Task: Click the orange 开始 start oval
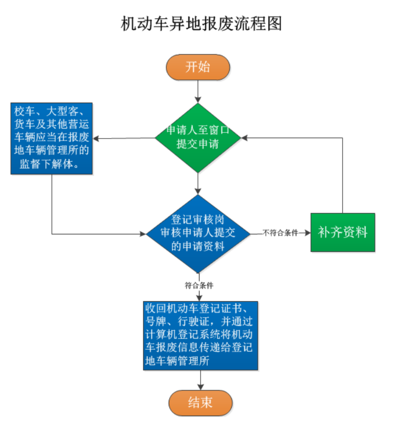pyautogui.click(x=198, y=67)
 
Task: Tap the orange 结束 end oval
pyautogui.click(x=200, y=403)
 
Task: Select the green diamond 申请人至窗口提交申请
pyautogui.click(x=198, y=137)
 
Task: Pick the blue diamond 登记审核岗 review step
pyautogui.click(x=198, y=233)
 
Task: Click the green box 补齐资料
pyautogui.click(x=343, y=232)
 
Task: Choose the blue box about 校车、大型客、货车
pyautogui.click(x=52, y=138)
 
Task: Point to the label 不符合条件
pyautogui.click(x=281, y=233)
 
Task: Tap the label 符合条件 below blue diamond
pyautogui.click(x=199, y=285)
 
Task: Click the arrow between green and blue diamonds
pyautogui.click(x=198, y=183)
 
